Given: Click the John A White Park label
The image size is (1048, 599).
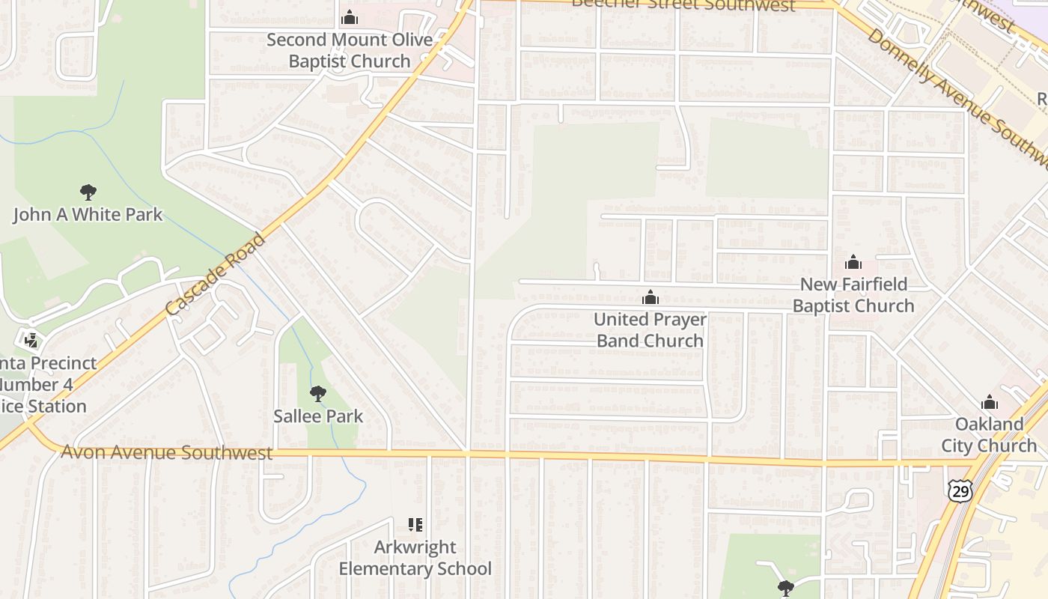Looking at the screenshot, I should pyautogui.click(x=88, y=215).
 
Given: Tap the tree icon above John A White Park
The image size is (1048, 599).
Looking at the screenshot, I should pyautogui.click(x=88, y=192).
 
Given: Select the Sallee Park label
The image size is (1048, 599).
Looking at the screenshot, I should pyautogui.click(x=318, y=416).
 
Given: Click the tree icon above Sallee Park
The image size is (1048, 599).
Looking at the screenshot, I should pyautogui.click(x=318, y=393).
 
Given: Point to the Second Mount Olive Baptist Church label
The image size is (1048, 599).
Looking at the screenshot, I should pyautogui.click(x=350, y=50).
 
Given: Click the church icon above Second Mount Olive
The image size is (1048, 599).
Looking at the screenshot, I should pyautogui.click(x=350, y=17).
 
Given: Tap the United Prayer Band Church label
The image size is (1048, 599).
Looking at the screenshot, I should pyautogui.click(x=650, y=330).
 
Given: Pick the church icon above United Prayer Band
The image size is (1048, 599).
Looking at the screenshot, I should pyautogui.click(x=651, y=297).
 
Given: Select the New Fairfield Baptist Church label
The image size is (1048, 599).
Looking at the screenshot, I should pyautogui.click(x=853, y=295).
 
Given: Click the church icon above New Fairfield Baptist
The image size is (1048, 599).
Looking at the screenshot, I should pyautogui.click(x=853, y=262).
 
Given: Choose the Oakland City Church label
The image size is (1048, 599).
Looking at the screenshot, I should pyautogui.click(x=989, y=435).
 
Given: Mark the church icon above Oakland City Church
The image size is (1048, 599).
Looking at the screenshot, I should pyautogui.click(x=990, y=402).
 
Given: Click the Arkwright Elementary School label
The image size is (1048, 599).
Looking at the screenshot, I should pyautogui.click(x=415, y=558).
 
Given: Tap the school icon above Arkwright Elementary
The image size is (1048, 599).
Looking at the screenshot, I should pyautogui.click(x=415, y=525).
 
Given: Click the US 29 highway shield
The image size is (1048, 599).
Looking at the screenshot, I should pyautogui.click(x=960, y=490).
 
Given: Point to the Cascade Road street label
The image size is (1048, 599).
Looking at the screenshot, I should pyautogui.click(x=216, y=275).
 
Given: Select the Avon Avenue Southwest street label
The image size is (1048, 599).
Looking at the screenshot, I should pyautogui.click(x=166, y=452).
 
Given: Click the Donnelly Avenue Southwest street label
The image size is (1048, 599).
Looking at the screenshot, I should pyautogui.click(x=958, y=97).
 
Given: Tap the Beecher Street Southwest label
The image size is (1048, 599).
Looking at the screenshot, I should pyautogui.click(x=683, y=5).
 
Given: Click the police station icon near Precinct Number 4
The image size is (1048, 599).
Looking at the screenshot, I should pyautogui.click(x=31, y=341).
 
